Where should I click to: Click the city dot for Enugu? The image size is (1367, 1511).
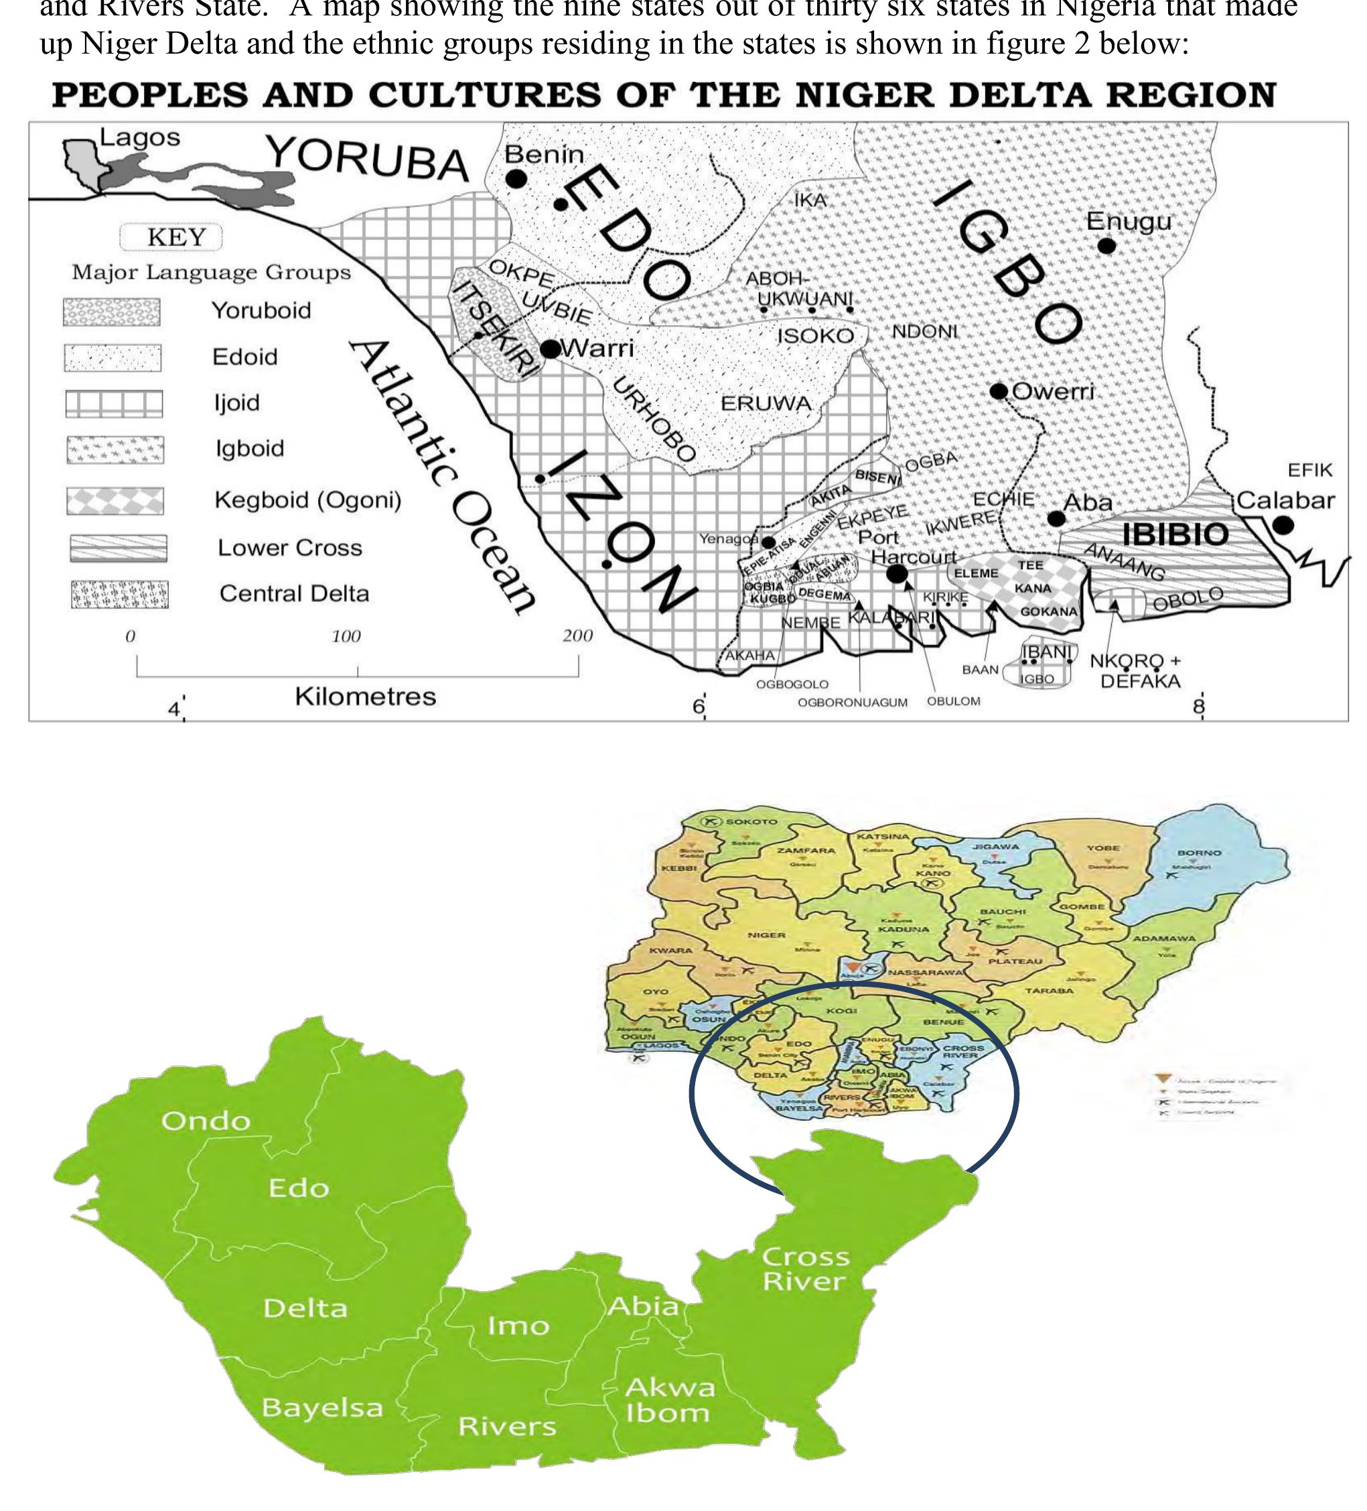[1106, 246]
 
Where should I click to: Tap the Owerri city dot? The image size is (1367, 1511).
[999, 391]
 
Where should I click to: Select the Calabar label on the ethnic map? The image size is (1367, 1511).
[1285, 500]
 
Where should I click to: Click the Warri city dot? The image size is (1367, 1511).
[551, 349]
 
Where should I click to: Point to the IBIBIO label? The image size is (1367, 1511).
[1175, 534]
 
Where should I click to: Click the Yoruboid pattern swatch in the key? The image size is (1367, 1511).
[112, 312]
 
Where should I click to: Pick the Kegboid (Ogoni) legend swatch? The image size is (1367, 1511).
[115, 501]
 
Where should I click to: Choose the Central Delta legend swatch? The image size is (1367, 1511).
[119, 595]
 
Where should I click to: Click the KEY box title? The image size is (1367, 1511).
[176, 237]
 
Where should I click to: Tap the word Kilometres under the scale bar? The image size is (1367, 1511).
[365, 697]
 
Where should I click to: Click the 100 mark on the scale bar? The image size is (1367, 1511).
[346, 636]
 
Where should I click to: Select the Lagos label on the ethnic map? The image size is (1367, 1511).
[140, 137]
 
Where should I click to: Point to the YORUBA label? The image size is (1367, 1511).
[367, 158]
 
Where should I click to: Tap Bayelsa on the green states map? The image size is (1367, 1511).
[322, 1408]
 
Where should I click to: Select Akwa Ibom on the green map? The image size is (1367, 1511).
[669, 1400]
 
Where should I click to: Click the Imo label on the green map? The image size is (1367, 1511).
[518, 1326]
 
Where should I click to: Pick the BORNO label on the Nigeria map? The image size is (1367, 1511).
[1199, 853]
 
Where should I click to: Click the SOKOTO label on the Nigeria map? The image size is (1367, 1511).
[751, 821]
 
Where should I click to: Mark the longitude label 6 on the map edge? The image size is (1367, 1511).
[698, 705]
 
